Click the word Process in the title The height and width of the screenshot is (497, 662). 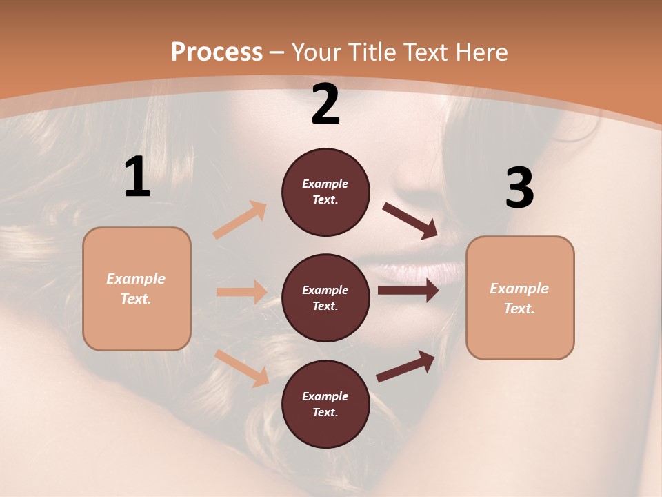pos(217,52)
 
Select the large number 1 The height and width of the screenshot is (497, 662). pos(137,177)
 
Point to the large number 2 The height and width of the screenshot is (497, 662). pos(325,104)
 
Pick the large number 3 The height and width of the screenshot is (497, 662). pos(519,188)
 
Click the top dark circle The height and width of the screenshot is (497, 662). pos(325,192)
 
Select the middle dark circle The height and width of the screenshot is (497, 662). pos(325,298)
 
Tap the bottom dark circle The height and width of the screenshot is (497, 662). pos(325,405)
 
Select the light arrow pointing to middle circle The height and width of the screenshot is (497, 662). pos(241,292)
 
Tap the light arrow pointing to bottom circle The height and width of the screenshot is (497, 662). pos(242,368)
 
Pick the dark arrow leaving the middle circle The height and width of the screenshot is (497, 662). pos(408,291)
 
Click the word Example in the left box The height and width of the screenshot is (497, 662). pos(136,279)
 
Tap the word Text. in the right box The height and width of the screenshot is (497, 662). pos(519,309)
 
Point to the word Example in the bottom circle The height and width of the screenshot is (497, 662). pos(325,396)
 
